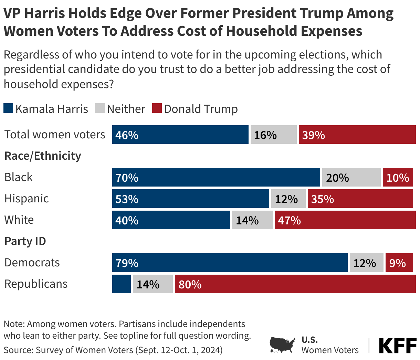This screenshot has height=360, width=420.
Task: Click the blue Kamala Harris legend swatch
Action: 8,108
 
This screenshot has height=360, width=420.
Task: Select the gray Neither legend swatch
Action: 99,108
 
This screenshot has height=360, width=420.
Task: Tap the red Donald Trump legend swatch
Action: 157,108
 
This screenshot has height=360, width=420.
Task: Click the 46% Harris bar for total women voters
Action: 180,135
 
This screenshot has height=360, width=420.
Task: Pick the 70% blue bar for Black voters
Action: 216,177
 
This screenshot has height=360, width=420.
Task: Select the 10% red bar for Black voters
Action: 398,177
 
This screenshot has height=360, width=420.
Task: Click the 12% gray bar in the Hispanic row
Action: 288,199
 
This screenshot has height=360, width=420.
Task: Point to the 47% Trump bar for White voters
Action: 345,220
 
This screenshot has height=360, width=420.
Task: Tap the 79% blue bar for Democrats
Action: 230,263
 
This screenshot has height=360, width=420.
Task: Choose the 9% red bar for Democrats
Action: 399,263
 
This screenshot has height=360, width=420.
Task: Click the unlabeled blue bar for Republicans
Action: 121,284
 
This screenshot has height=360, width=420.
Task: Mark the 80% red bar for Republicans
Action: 295,284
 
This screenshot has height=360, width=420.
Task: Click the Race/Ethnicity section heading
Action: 43,156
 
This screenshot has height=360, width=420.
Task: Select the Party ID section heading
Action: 25,241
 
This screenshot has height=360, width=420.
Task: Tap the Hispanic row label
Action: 27,199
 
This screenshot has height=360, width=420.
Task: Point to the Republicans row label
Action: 36,284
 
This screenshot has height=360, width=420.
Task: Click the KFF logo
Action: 397,346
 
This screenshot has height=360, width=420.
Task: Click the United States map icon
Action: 282,345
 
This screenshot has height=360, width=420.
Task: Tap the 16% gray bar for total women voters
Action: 273,135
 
